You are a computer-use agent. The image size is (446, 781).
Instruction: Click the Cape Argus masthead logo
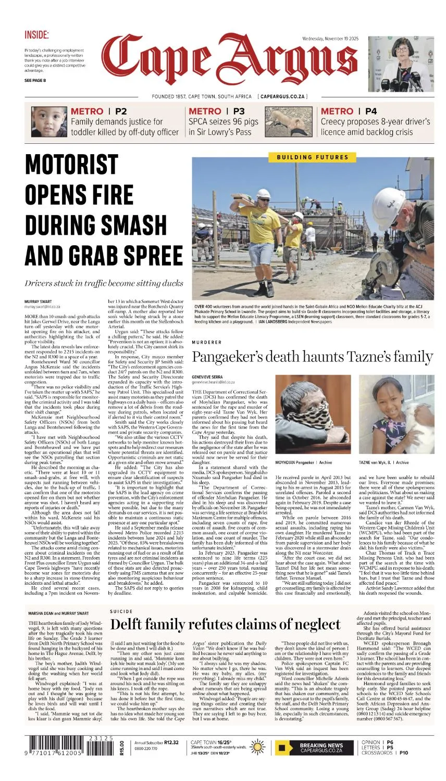click(x=229, y=61)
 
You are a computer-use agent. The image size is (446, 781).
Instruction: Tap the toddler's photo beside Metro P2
click(x=49, y=122)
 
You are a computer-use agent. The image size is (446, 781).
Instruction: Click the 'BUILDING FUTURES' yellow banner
click(x=313, y=157)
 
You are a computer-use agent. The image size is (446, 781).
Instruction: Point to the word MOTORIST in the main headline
click(x=72, y=165)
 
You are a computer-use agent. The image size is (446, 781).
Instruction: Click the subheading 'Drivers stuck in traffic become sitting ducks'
click(x=104, y=283)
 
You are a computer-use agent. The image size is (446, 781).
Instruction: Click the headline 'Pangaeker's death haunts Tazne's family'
click(x=313, y=357)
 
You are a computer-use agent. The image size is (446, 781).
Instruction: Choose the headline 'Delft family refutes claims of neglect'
click(x=225, y=624)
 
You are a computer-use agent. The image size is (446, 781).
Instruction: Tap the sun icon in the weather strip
click(x=256, y=748)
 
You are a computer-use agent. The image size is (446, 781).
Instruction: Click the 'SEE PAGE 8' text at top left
click(x=35, y=80)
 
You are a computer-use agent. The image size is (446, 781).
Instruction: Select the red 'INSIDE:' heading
click(x=36, y=35)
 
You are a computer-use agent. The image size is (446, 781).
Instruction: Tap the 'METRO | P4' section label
click(x=349, y=111)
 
